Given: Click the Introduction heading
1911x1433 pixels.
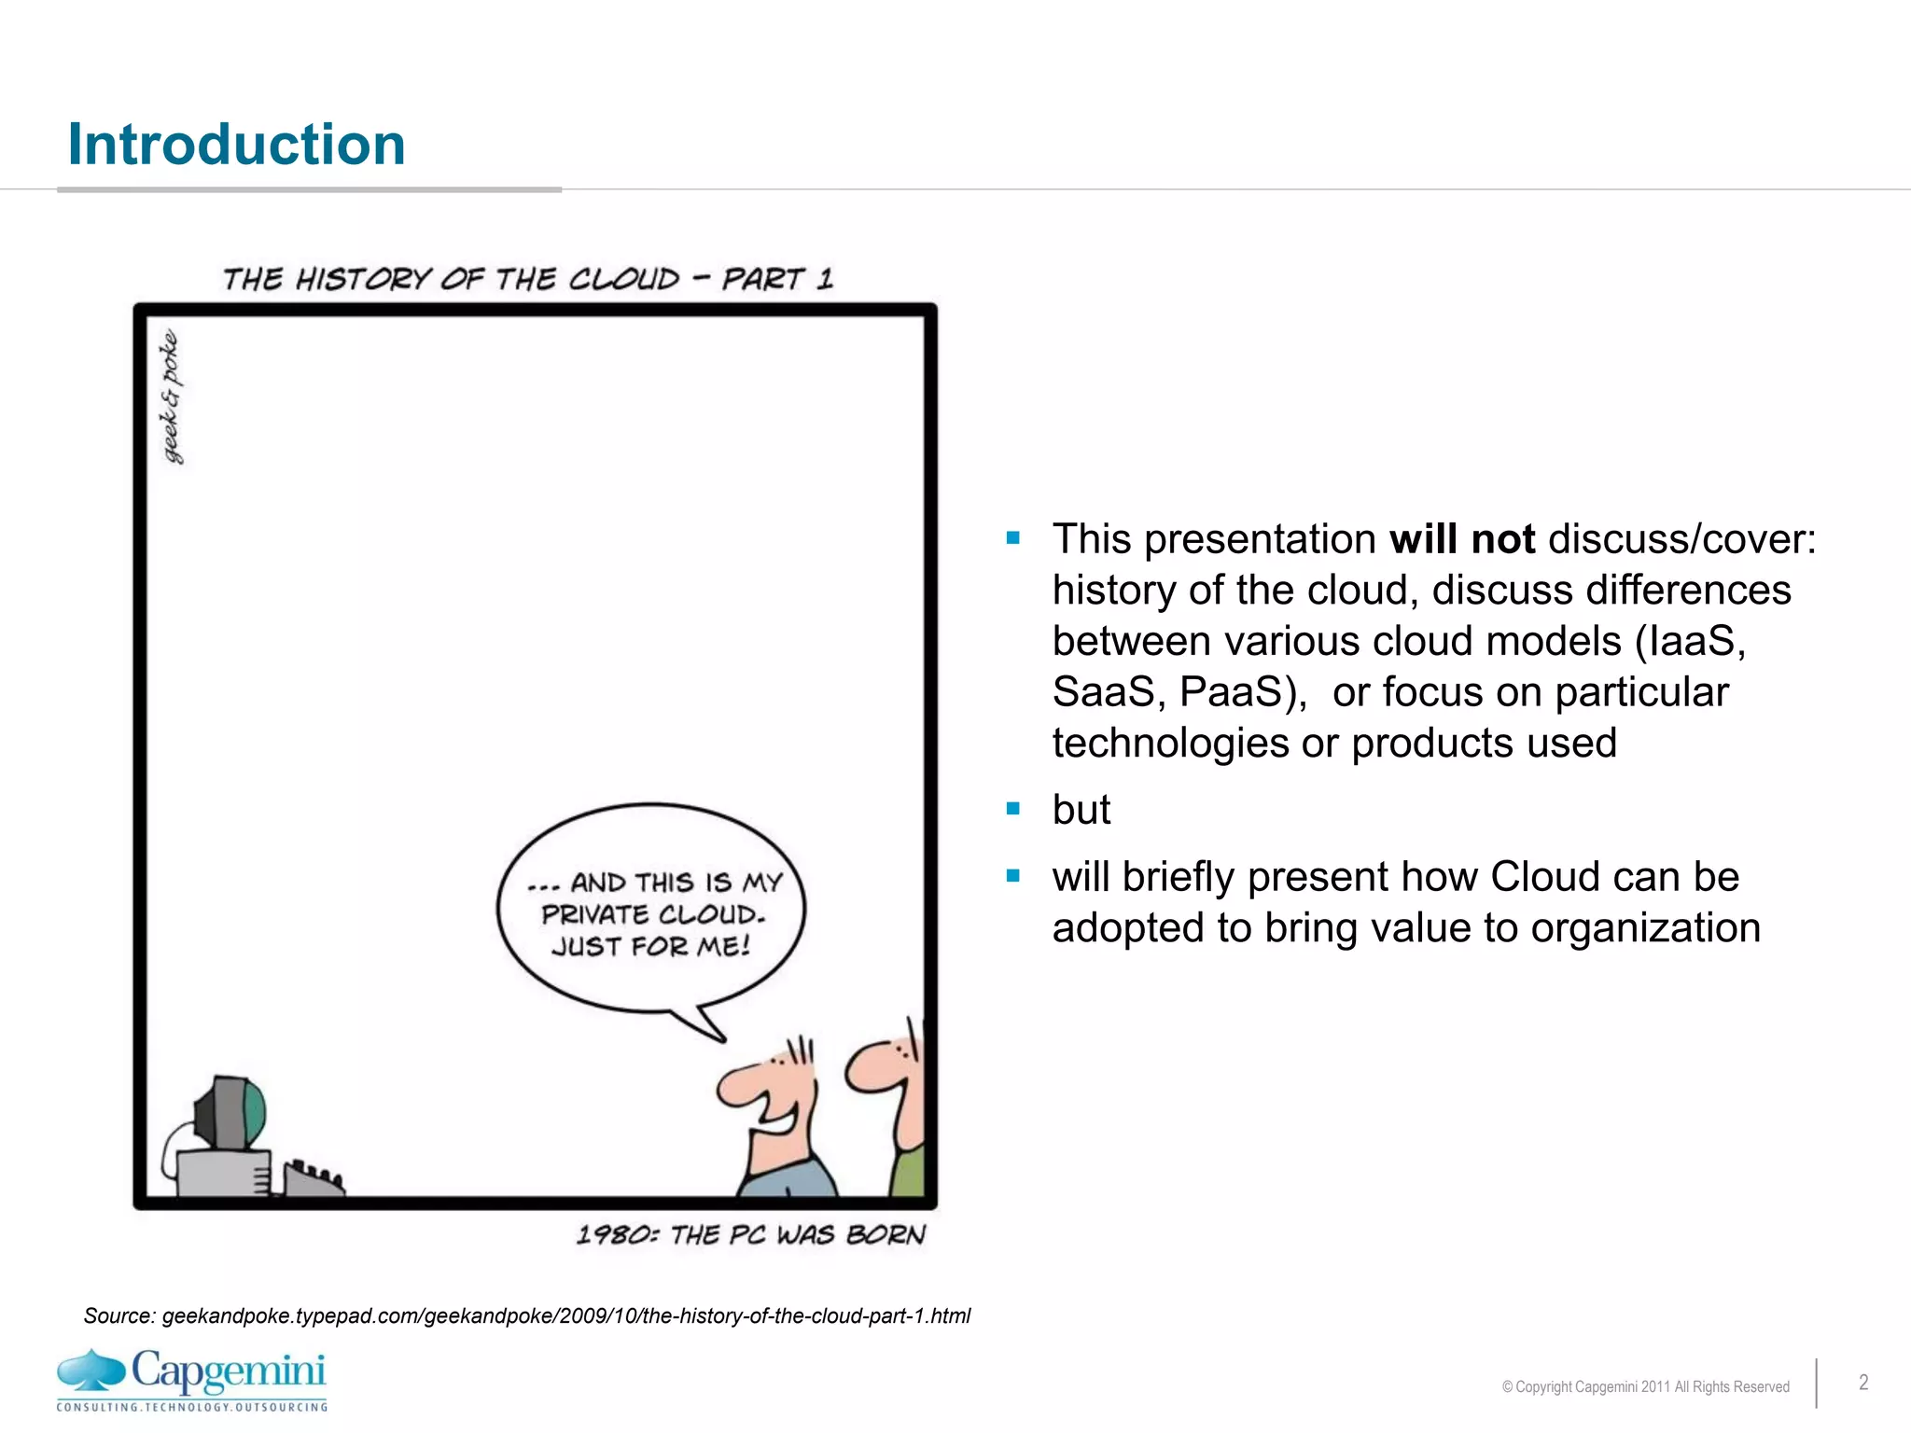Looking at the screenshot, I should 236,146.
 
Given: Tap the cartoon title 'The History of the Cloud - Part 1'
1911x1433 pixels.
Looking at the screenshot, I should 527,279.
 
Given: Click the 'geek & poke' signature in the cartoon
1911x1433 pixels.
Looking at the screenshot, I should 171,397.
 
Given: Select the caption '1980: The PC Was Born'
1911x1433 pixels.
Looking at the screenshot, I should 750,1235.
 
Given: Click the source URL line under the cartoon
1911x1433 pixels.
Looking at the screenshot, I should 527,1315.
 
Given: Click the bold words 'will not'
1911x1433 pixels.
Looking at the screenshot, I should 1461,539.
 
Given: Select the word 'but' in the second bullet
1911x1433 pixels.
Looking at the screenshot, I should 1081,809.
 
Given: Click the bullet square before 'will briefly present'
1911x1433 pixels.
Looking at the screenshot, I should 1013,875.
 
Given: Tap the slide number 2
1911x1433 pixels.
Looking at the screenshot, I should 1862,1383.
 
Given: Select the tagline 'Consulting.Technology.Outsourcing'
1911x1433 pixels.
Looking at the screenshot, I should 191,1407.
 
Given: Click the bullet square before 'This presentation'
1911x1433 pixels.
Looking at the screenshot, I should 1013,537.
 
